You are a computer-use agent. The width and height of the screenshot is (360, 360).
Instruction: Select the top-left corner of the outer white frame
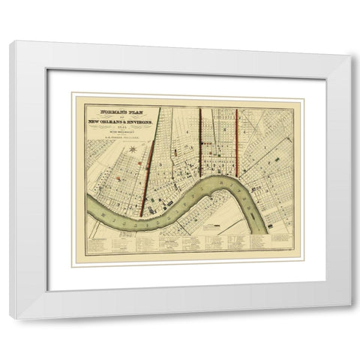tap(9, 42)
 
